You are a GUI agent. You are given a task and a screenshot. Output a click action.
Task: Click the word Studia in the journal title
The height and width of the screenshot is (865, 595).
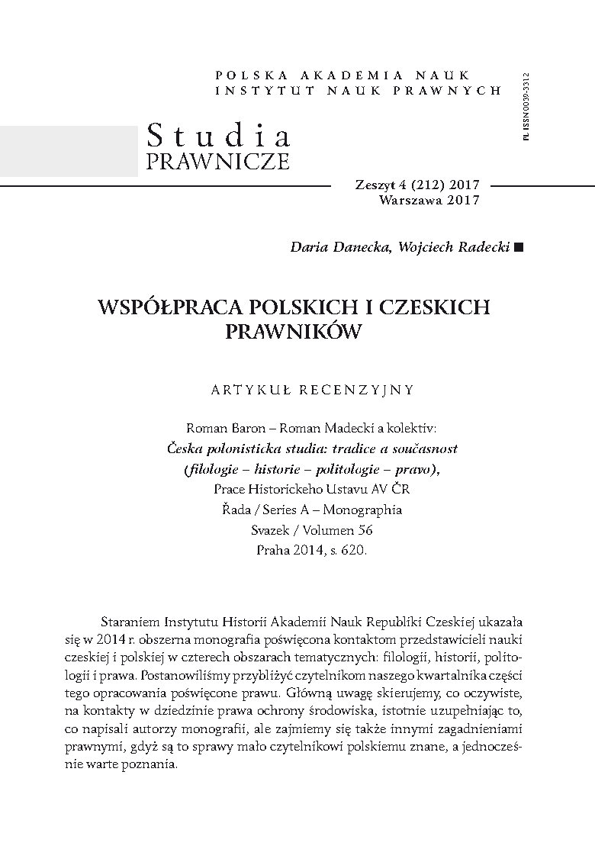coord(218,136)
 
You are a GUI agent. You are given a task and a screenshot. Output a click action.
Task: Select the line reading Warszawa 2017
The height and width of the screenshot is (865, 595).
coord(429,200)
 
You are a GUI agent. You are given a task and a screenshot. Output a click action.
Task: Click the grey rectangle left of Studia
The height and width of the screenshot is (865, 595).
coord(69,151)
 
